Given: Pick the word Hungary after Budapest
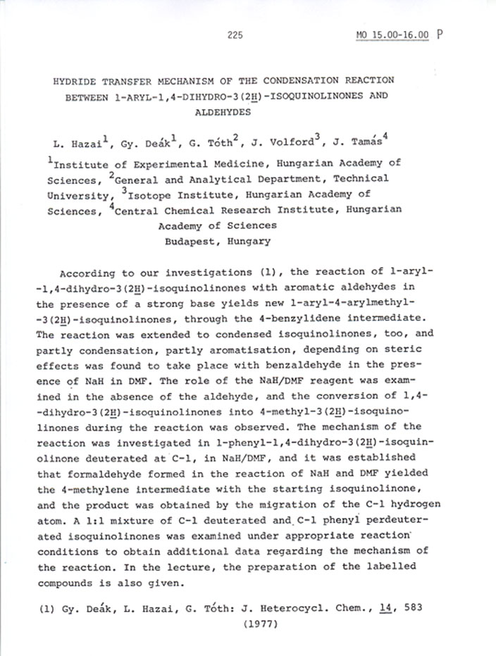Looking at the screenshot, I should coord(248,241).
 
